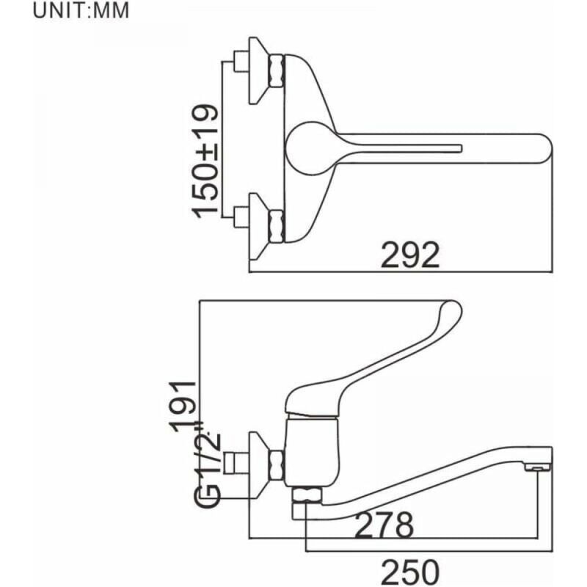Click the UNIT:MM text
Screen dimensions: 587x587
(81, 10)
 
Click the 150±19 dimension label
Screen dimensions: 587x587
(205, 161)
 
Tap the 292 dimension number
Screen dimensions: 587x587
(410, 255)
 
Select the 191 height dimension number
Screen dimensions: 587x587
(183, 406)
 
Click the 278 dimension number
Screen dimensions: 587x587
(384, 524)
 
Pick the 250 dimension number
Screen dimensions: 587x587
(410, 572)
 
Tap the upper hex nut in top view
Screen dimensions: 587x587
(277, 70)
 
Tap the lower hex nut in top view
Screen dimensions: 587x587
(277, 227)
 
